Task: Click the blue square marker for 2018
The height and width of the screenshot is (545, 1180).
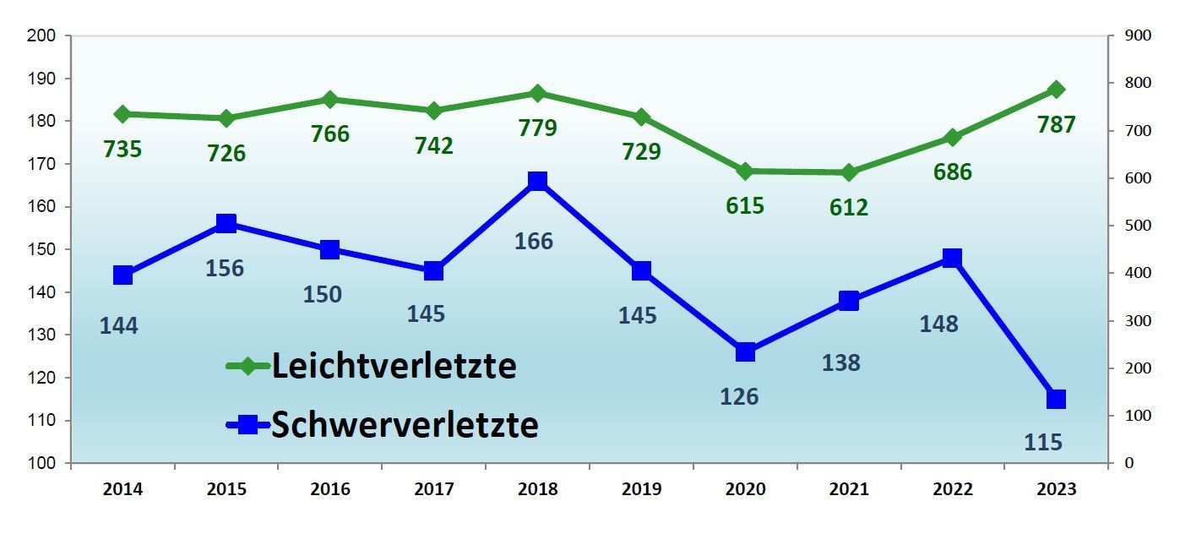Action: pyautogui.click(x=537, y=181)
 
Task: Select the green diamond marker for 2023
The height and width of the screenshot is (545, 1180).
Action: pyautogui.click(x=1056, y=90)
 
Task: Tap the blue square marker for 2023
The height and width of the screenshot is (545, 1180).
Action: pyautogui.click(x=1056, y=399)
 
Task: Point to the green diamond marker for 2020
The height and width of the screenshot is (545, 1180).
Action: pyautogui.click(x=745, y=171)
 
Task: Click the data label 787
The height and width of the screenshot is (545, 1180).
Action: pyautogui.click(x=1056, y=125)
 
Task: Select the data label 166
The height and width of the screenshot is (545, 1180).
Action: pyautogui.click(x=534, y=241)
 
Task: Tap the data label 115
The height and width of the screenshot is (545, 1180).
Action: pyautogui.click(x=1042, y=441)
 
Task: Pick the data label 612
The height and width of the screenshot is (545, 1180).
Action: pyautogui.click(x=849, y=207)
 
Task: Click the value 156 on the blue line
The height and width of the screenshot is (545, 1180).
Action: pyautogui.click(x=225, y=268)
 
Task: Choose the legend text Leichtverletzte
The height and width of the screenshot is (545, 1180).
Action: pyautogui.click(x=394, y=367)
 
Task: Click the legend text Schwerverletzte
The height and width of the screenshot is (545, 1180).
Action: pyautogui.click(x=405, y=425)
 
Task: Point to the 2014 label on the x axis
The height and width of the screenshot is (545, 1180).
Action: pyautogui.click(x=123, y=489)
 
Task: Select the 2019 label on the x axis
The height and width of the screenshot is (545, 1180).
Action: pyautogui.click(x=642, y=489)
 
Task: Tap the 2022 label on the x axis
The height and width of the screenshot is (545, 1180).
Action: pyautogui.click(x=952, y=489)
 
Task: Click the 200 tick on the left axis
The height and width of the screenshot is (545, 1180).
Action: pyautogui.click(x=41, y=35)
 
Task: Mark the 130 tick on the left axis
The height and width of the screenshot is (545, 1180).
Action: pyautogui.click(x=41, y=335)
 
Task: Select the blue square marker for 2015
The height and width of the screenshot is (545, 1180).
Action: pyautogui.click(x=226, y=223)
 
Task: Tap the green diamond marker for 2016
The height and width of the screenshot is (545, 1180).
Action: pyautogui.click(x=330, y=100)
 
